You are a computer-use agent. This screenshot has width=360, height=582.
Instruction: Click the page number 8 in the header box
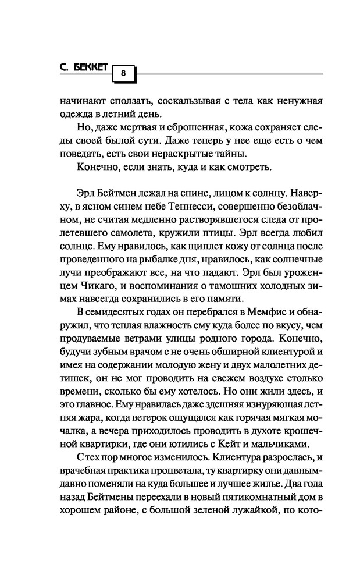(x=123, y=73)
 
